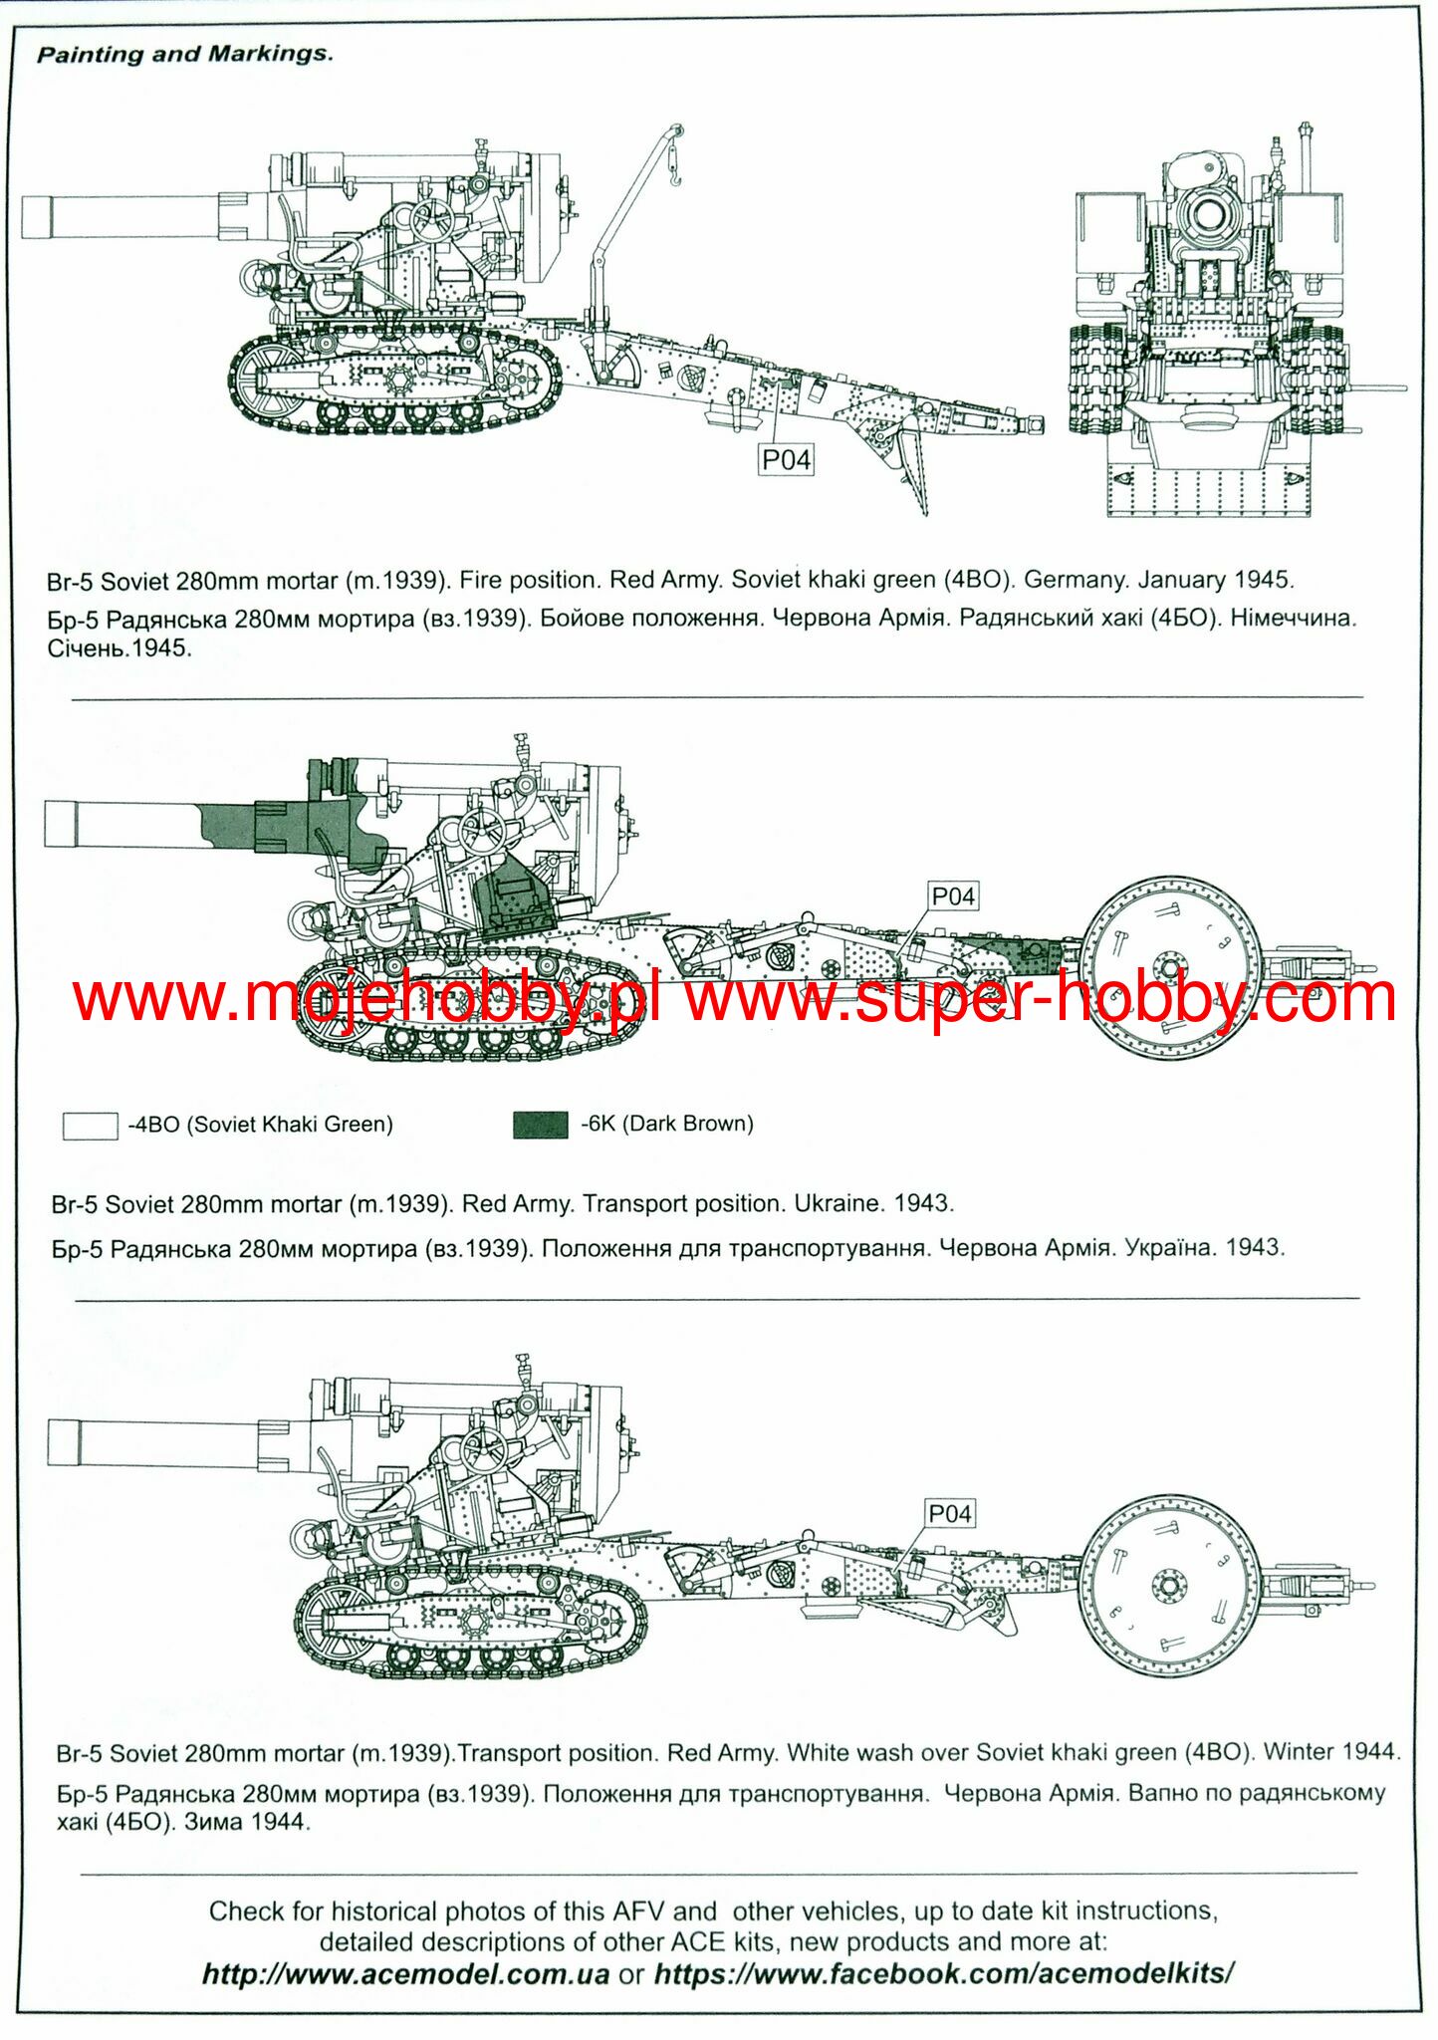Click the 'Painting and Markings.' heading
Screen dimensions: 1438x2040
[x=185, y=54]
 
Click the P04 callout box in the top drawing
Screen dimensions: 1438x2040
[x=786, y=459]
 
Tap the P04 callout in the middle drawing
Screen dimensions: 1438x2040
[x=952, y=896]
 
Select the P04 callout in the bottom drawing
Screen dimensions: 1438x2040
[x=949, y=1514]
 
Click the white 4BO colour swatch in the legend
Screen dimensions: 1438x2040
[x=91, y=1126]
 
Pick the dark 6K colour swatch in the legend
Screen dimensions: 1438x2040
[x=541, y=1125]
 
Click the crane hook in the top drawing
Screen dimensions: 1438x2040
[x=675, y=179]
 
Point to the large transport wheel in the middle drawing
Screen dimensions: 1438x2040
[x=1170, y=967]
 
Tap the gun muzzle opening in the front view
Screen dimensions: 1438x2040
[x=1209, y=211]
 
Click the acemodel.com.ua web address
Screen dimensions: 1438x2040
[x=406, y=1974]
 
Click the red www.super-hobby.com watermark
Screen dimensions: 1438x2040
[x=1041, y=998]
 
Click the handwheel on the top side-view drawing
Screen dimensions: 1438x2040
[x=432, y=222]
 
